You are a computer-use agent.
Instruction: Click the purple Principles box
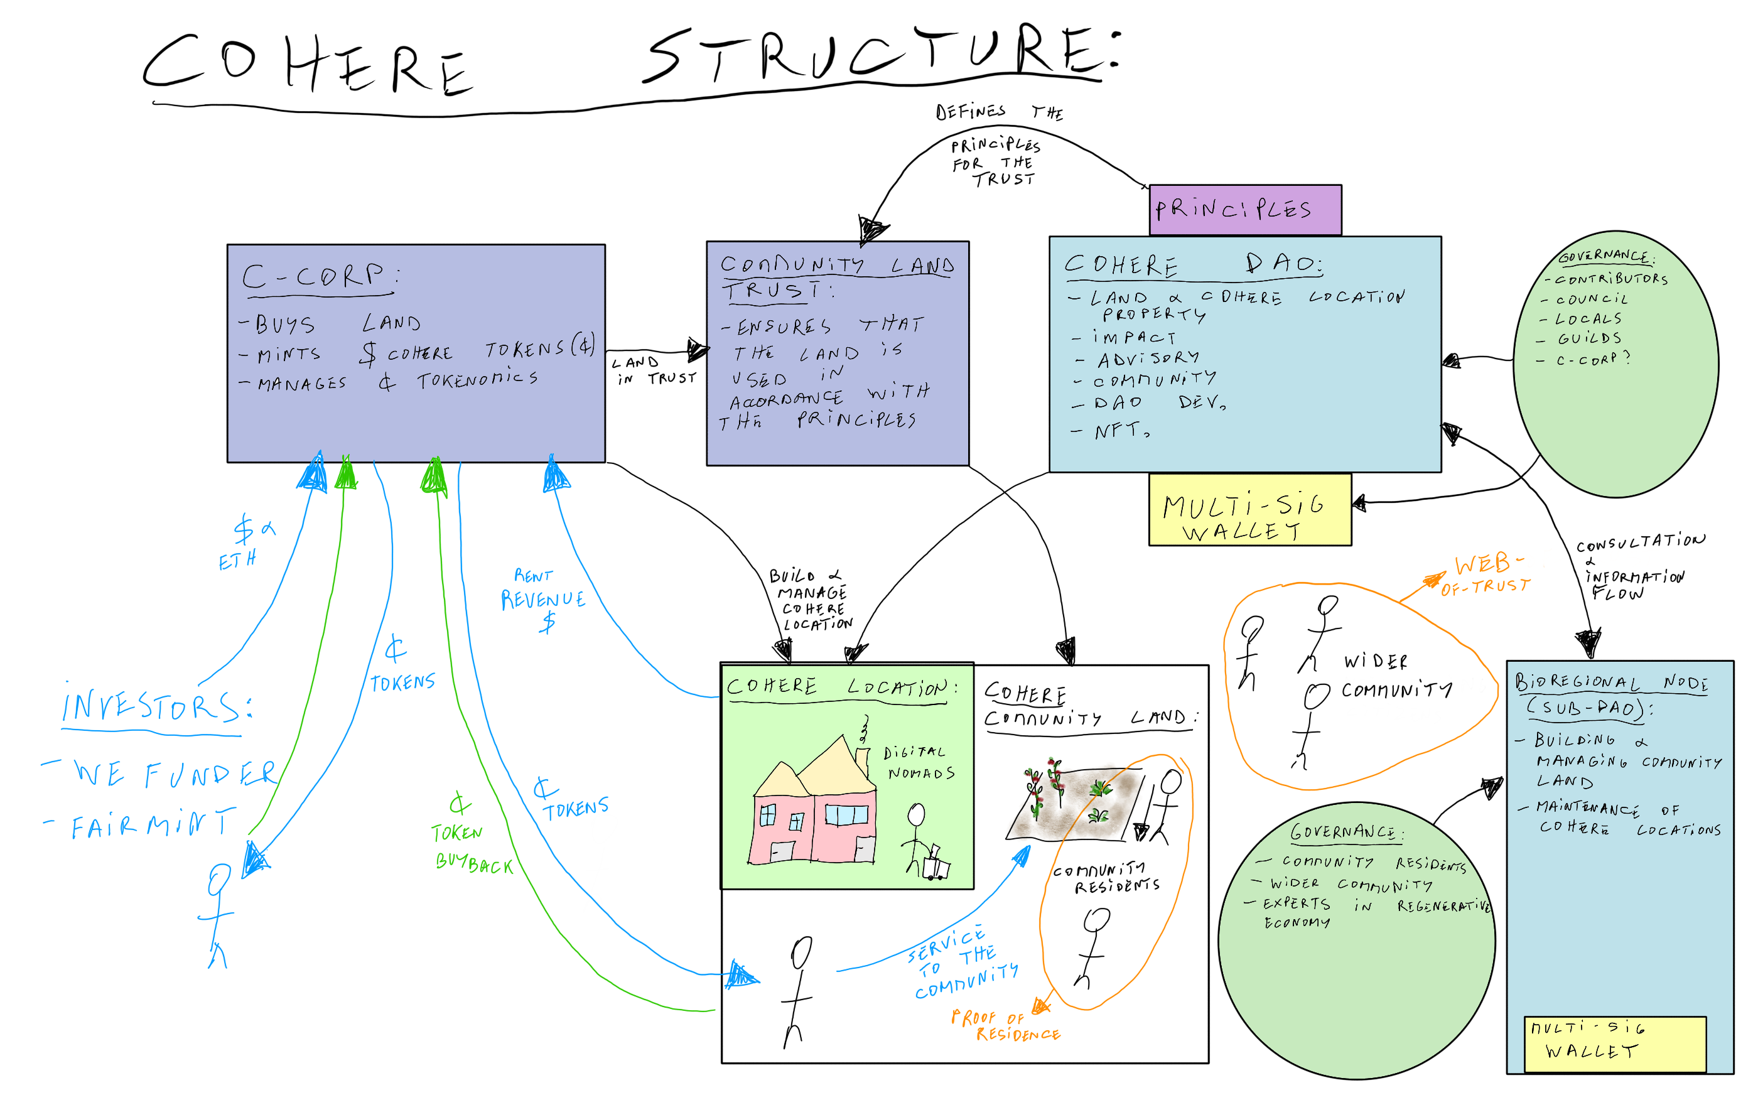pyautogui.click(x=1244, y=210)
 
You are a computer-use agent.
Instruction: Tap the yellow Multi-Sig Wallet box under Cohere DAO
pyautogui.click(x=1249, y=509)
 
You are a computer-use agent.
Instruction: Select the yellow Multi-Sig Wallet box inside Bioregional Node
pyautogui.click(x=1614, y=1043)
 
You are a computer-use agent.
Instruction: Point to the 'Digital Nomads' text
pyautogui.click(x=919, y=762)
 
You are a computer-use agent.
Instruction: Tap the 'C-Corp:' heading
pyautogui.click(x=320, y=276)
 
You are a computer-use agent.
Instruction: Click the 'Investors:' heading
pyautogui.click(x=156, y=706)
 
